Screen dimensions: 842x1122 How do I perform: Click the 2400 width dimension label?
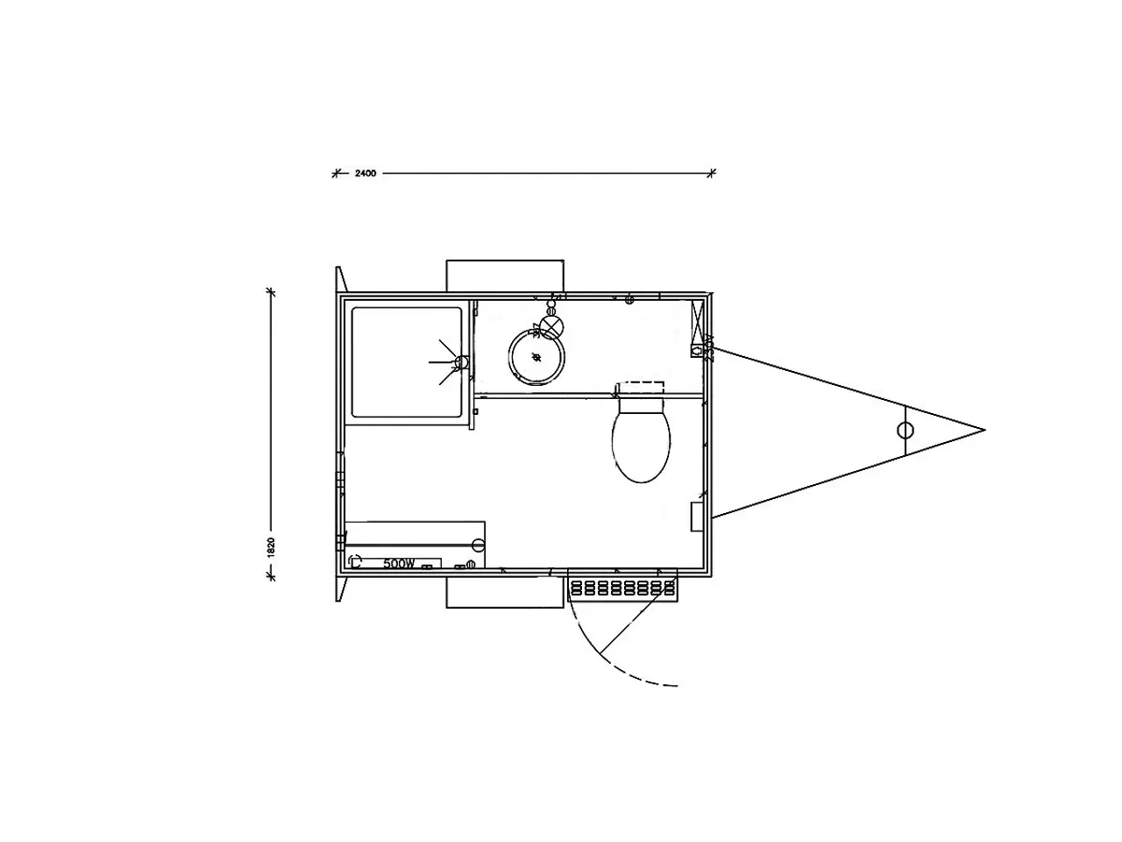click(365, 174)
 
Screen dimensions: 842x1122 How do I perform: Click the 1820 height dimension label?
click(272, 546)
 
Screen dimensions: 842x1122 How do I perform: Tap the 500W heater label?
click(399, 564)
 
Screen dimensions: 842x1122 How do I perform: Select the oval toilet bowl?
click(643, 446)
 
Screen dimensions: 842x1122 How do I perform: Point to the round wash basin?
click(536, 356)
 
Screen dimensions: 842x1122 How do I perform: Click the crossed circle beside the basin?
click(552, 326)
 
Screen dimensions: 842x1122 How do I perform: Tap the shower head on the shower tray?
click(461, 361)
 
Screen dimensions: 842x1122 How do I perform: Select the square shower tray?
click(406, 361)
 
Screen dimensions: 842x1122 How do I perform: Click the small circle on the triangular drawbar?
click(905, 430)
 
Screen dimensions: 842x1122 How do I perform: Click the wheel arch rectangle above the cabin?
click(504, 275)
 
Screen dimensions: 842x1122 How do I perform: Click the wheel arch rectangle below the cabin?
click(504, 592)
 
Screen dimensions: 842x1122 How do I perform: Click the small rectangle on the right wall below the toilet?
click(697, 517)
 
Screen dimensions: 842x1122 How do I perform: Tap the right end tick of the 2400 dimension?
click(712, 173)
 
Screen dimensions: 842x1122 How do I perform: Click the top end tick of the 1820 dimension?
click(272, 292)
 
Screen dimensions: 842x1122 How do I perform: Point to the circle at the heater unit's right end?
click(478, 544)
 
